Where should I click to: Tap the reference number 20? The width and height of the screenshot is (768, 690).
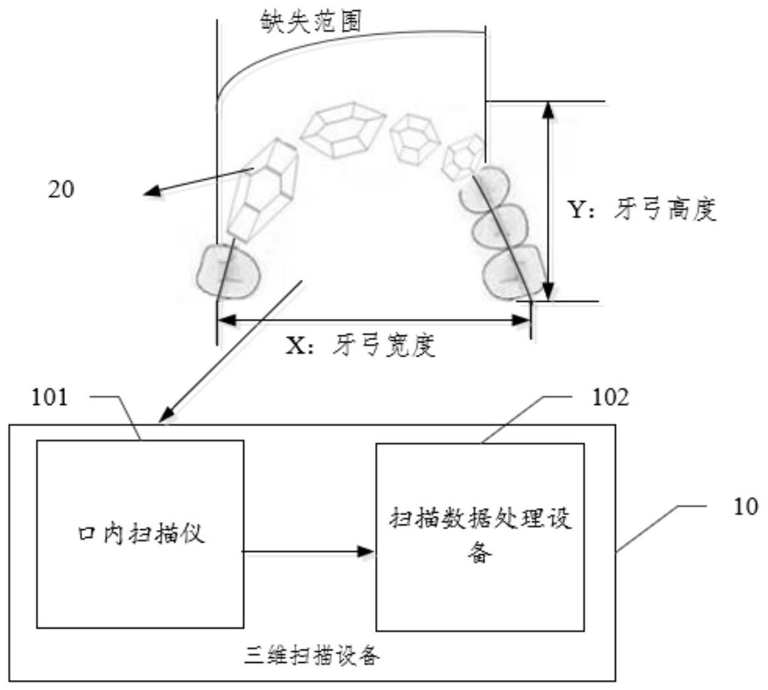[61, 190]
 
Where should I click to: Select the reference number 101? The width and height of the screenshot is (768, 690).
[50, 399]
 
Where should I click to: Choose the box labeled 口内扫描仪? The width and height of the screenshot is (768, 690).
[140, 533]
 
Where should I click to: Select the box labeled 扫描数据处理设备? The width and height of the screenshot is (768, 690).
[480, 536]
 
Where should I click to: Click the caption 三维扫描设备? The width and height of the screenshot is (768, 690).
[312, 657]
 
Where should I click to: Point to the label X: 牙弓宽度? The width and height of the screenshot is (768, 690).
[361, 345]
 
